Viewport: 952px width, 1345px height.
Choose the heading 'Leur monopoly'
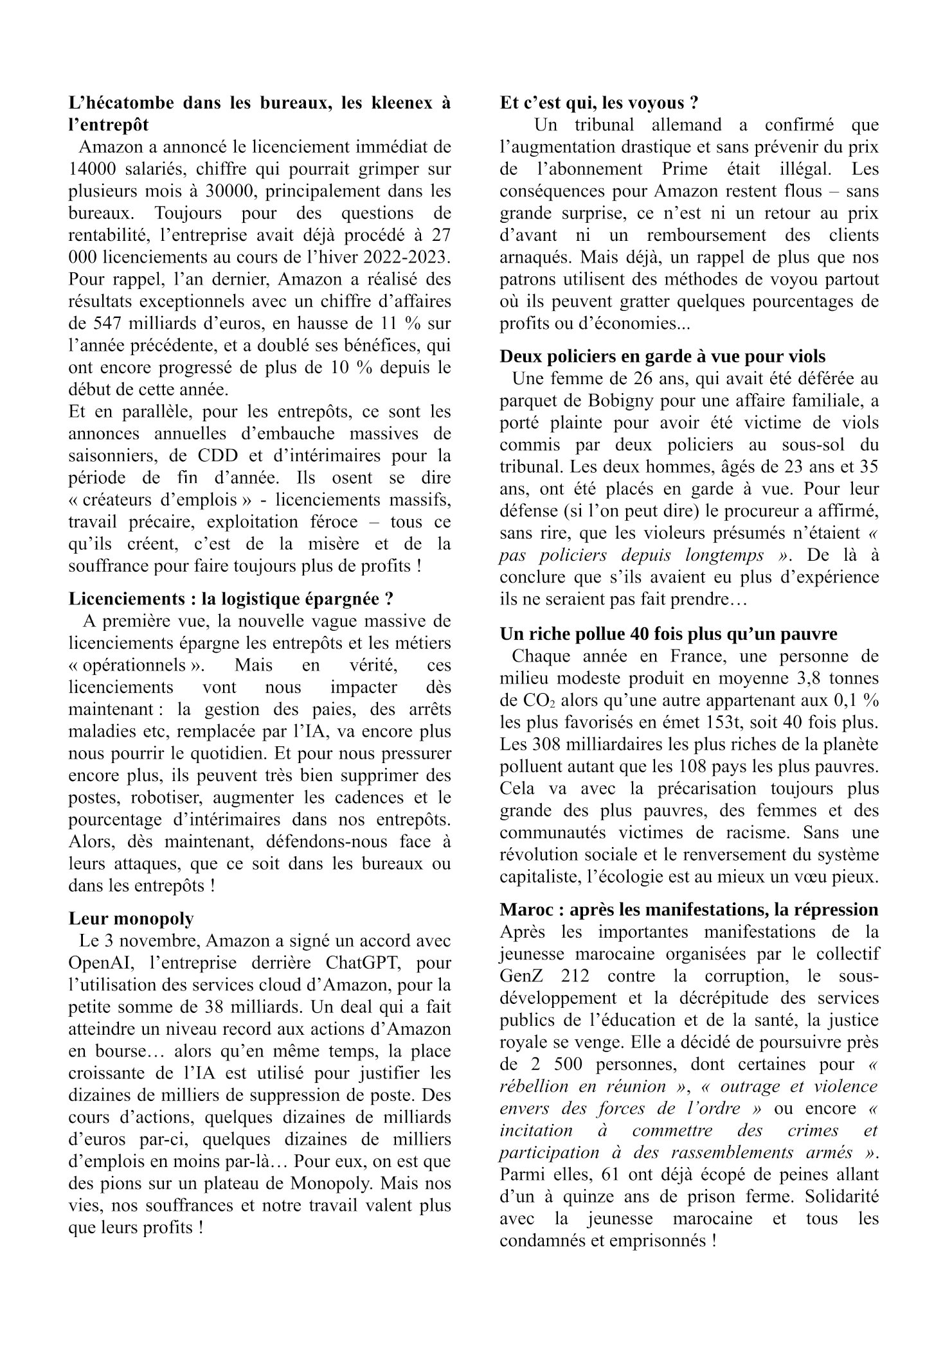(130, 919)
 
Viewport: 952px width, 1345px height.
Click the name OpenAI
(102, 963)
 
